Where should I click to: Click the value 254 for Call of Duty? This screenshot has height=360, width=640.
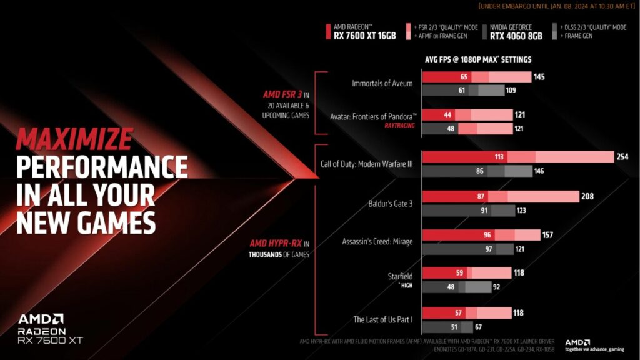pos(622,157)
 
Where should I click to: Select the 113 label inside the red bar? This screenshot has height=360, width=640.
pos(499,157)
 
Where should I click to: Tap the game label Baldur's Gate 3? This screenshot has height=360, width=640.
pos(391,203)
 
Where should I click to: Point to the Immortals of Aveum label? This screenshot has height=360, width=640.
pos(382,82)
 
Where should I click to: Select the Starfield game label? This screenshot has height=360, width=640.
pos(400,275)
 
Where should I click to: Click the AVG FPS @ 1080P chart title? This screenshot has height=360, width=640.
pos(477,59)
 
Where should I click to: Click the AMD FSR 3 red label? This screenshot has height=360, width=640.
pos(282,94)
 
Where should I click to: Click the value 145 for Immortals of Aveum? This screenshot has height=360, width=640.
pos(539,77)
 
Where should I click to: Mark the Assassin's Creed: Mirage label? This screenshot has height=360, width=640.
pos(377,241)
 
